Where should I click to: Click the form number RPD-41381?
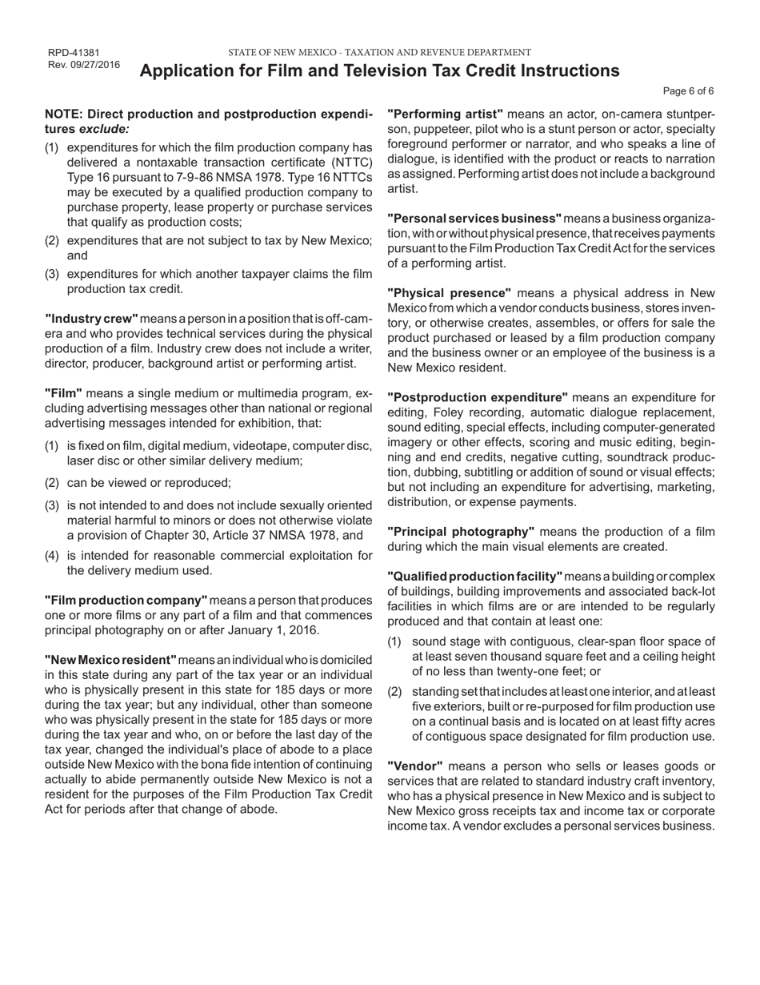click(x=74, y=53)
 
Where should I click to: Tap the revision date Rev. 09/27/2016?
click(x=84, y=65)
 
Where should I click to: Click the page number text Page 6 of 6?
click(x=689, y=91)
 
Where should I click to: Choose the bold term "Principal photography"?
click(x=461, y=532)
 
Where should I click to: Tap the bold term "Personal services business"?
click(x=474, y=219)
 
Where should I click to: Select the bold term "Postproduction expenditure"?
click(x=478, y=397)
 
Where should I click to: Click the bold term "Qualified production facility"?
click(x=475, y=577)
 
